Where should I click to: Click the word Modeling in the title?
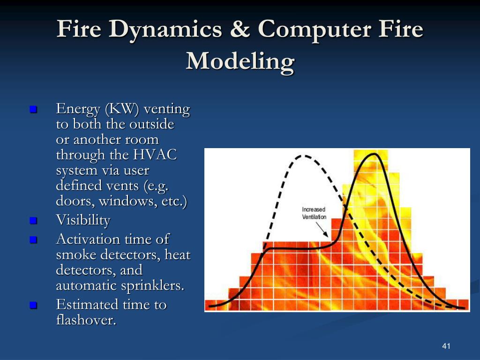click(240, 61)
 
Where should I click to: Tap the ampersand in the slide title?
click(240, 30)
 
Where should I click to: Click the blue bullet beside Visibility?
click(33, 220)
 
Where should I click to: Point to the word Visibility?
click(83, 220)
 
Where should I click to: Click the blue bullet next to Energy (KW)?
click(33, 110)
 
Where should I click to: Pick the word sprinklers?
click(158, 285)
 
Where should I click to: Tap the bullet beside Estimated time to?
click(33, 305)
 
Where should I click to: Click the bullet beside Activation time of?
click(33, 240)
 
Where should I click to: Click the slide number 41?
click(446, 346)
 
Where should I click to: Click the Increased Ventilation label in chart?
click(314, 213)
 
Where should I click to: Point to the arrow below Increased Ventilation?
click(322, 228)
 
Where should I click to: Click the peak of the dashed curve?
click(304, 156)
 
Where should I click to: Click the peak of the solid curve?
click(374, 154)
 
